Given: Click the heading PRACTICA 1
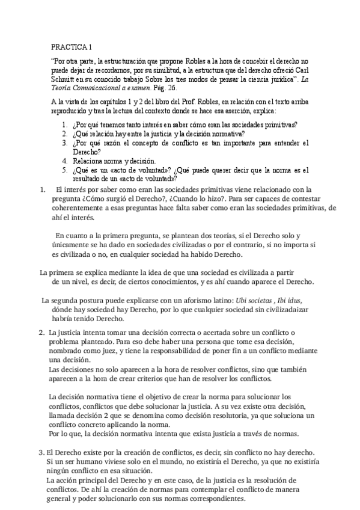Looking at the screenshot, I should (72, 47).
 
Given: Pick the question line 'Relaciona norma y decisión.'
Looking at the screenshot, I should (113, 161).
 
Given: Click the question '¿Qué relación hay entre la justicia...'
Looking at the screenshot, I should (157, 134).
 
